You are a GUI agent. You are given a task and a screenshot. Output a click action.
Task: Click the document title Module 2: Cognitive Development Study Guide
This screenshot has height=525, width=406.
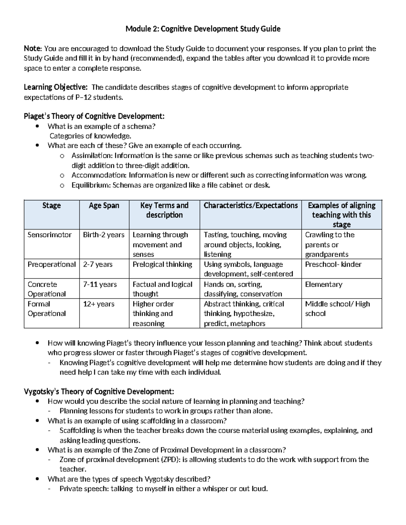click(x=203, y=29)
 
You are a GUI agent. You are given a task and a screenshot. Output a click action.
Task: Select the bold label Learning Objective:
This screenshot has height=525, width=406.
click(x=55, y=88)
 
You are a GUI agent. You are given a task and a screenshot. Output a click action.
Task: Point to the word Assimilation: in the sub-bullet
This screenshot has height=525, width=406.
click(x=92, y=156)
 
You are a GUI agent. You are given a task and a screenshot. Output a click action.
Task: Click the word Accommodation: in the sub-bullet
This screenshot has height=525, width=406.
click(x=99, y=175)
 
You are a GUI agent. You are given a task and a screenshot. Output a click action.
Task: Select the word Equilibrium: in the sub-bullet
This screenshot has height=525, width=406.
click(x=91, y=185)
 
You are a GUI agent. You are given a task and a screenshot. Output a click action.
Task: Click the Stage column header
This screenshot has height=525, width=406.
click(x=51, y=206)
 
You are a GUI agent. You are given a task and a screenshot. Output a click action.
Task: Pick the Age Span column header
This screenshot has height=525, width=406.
click(x=104, y=206)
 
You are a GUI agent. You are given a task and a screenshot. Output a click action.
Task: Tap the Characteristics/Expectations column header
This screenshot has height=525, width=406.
click(x=250, y=206)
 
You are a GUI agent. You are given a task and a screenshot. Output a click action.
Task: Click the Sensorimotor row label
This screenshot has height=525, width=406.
click(x=49, y=235)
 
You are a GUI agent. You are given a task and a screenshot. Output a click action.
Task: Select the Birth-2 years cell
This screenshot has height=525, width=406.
click(x=104, y=235)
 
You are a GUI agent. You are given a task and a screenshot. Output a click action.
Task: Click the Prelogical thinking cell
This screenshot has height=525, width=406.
click(x=162, y=264)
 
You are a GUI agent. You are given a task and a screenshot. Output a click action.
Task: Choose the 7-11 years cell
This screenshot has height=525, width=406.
click(x=100, y=285)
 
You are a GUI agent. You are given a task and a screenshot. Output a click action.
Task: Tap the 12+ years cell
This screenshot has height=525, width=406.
click(x=99, y=304)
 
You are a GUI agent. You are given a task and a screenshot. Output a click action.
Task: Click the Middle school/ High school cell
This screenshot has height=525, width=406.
click(x=337, y=309)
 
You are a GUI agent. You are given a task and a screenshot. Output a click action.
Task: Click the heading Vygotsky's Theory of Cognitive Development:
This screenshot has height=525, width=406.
click(x=99, y=392)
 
